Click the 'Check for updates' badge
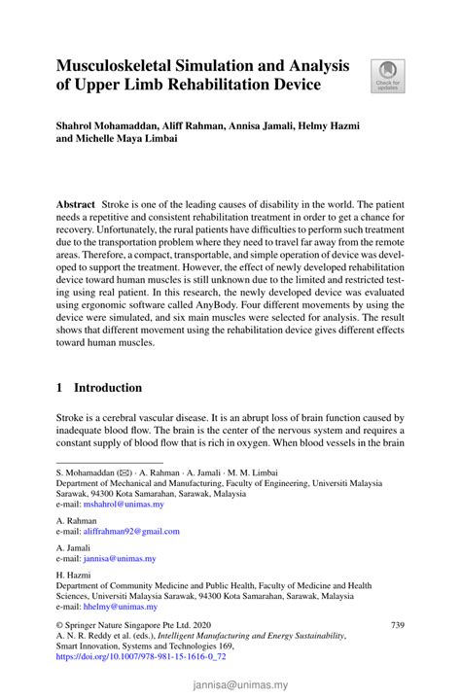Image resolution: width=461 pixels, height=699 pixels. (387, 76)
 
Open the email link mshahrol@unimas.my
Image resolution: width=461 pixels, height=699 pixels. (124, 506)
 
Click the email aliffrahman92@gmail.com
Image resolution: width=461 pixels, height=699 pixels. (131, 532)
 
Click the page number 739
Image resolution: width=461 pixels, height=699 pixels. (396, 624)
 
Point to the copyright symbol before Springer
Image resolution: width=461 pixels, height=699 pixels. (59, 624)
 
